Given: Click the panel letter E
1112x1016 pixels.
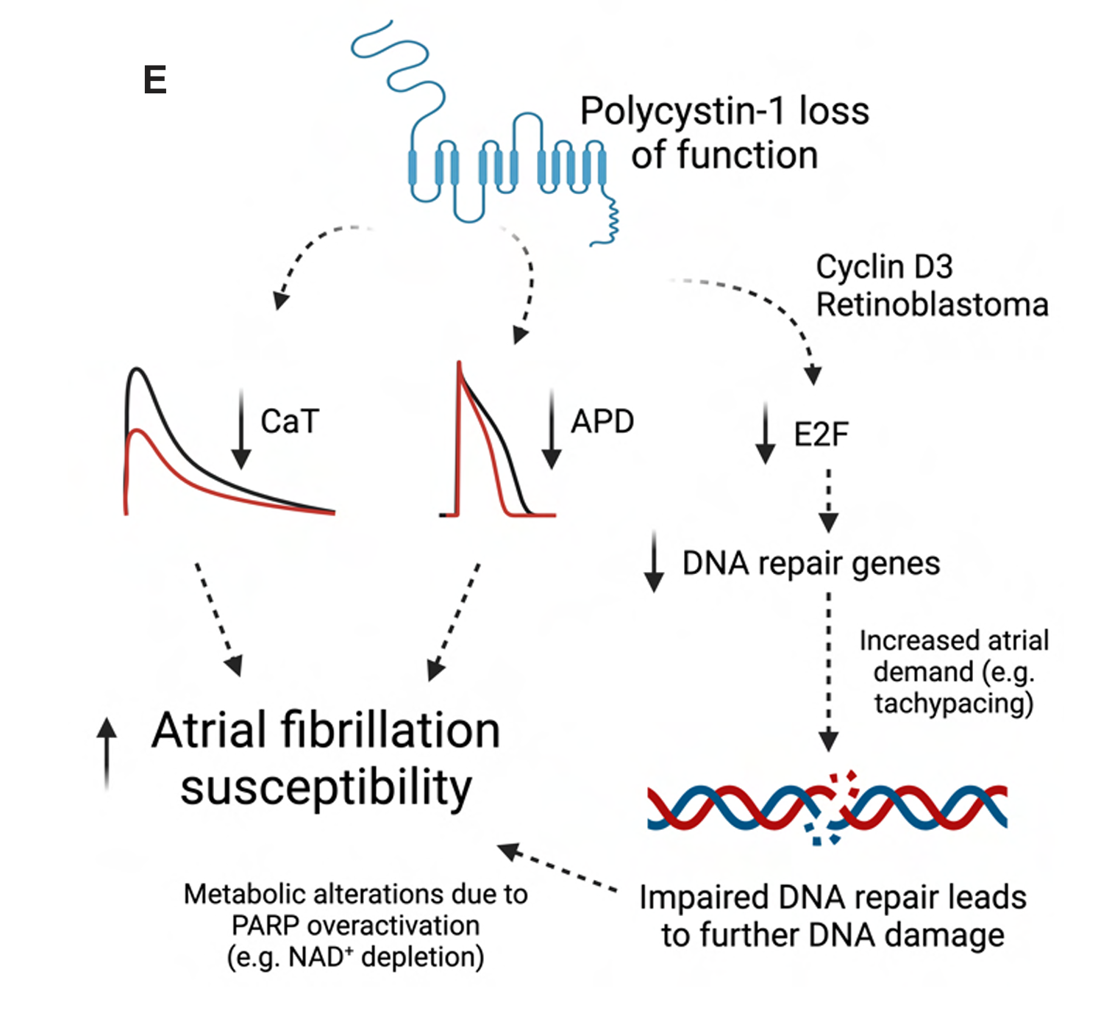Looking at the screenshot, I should click(x=155, y=79).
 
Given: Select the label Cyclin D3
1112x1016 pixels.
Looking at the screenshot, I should click(x=884, y=267).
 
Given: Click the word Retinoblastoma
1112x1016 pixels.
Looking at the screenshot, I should click(x=932, y=304).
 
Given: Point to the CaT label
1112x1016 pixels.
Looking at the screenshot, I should click(x=290, y=422).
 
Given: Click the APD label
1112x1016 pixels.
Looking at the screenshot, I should click(x=602, y=422).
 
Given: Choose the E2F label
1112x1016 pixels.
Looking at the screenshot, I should click(x=821, y=434).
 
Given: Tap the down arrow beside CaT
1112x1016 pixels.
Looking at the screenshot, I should click(x=241, y=430).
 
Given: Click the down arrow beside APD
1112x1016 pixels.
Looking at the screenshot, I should click(x=552, y=430).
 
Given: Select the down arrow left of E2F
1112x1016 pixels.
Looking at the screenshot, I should click(x=766, y=434).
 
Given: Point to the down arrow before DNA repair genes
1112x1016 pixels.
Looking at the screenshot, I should click(x=654, y=562).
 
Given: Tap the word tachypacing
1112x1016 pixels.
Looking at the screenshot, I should click(x=953, y=704).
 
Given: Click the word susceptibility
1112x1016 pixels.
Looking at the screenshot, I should click(x=326, y=788).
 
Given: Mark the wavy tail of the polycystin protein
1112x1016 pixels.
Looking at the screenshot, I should click(x=608, y=221).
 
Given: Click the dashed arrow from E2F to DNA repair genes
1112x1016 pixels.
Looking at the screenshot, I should click(x=829, y=500).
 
